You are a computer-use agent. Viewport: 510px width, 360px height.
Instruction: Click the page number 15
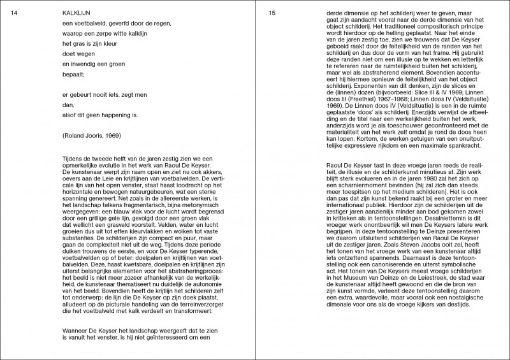[272, 13]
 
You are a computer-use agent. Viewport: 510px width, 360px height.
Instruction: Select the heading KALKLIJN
[76, 13]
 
